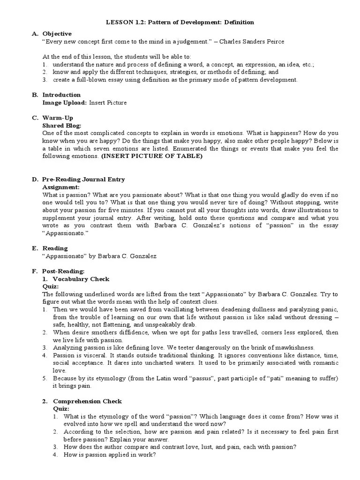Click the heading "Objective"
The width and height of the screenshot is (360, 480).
(57, 34)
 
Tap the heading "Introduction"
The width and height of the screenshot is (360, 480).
(61, 95)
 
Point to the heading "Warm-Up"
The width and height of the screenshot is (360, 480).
(58, 118)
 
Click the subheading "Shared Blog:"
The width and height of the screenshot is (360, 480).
(62, 126)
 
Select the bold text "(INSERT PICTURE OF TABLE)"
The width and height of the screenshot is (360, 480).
(152, 156)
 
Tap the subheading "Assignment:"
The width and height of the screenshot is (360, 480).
(61, 187)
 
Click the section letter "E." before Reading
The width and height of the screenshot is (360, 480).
(34, 248)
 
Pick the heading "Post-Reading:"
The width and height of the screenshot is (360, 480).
(63, 271)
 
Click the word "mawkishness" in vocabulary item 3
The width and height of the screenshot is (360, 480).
(293, 347)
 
